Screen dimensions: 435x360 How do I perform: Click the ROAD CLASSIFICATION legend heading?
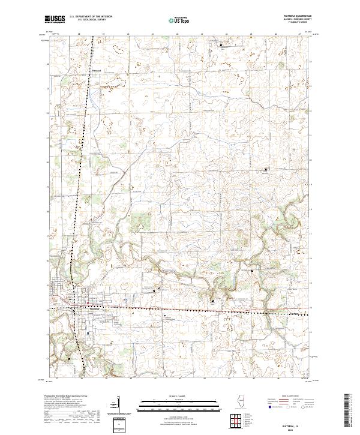click(x=292, y=397)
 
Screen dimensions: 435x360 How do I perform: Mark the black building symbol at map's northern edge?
click(x=220, y=45)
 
